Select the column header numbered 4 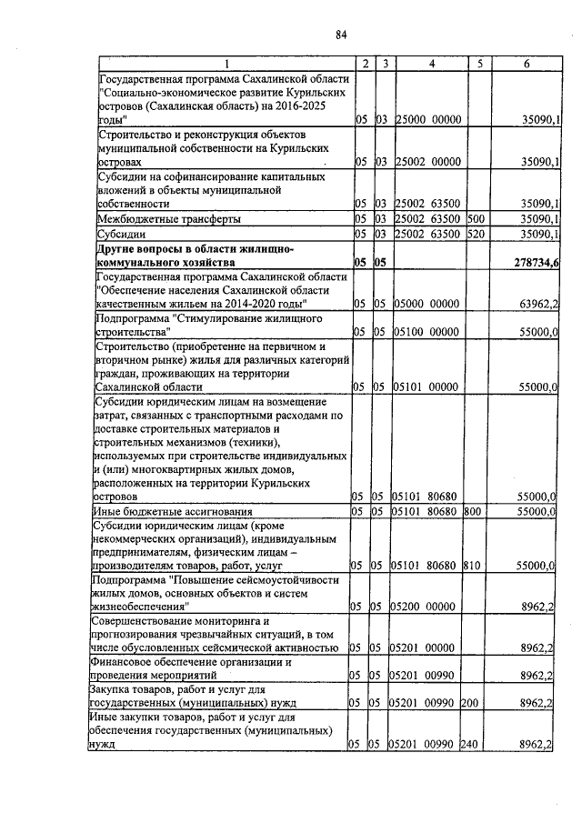coord(431,63)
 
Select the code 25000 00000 coord(429,119)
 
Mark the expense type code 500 coord(475,219)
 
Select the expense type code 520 coord(475,235)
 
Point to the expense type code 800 coord(474,513)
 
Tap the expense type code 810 coord(474,565)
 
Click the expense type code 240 coord(474,745)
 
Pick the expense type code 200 coord(474,703)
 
